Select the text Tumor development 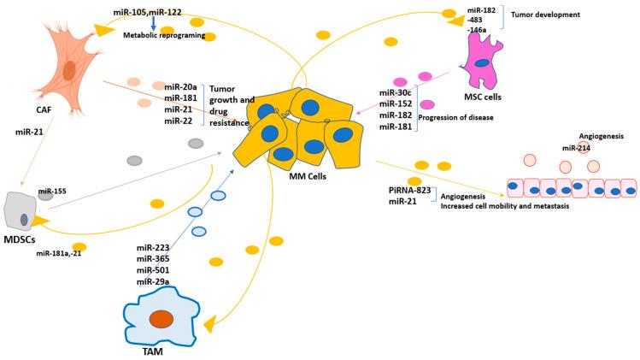pos(547,15)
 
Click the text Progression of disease pos(455,117)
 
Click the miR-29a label pos(153,281)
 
